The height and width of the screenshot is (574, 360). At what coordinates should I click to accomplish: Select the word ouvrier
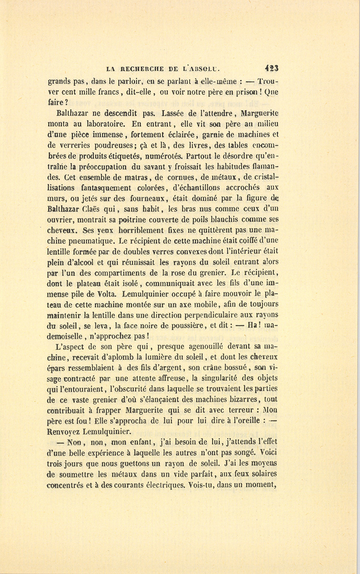(x=60, y=220)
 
